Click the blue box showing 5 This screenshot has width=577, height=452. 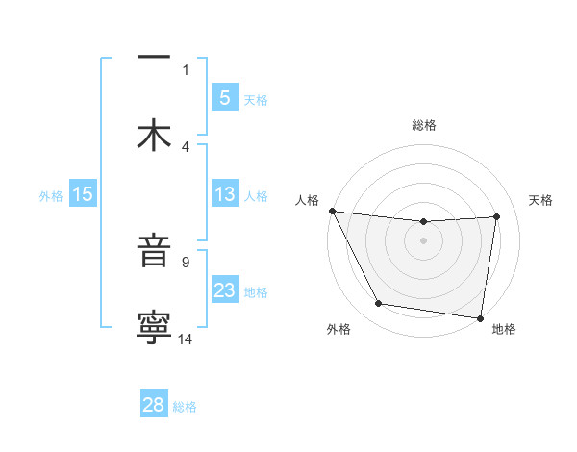coord(224,97)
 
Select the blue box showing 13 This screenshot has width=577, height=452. coord(224,194)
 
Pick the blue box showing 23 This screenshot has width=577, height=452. coord(224,290)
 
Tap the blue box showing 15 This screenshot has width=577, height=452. coord(83,194)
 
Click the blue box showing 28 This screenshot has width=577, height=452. coord(154,405)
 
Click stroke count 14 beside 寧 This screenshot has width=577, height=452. coord(186,338)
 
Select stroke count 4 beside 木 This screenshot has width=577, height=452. coord(186,146)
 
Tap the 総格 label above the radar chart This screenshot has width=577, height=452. coord(423,126)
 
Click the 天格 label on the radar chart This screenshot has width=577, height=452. coord(541,200)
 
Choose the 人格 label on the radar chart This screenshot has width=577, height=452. coord(307,200)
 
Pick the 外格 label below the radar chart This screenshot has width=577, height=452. coord(339,330)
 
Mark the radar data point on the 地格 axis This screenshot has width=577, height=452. coord(480,317)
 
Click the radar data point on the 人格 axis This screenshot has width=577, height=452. coord(332,211)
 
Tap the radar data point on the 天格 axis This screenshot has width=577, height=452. coord(497,216)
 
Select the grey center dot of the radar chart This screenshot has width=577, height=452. coord(423,240)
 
